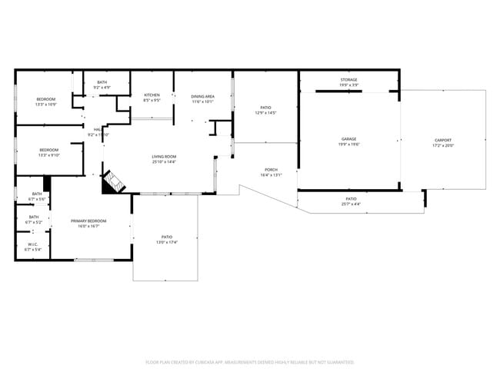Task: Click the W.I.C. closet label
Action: click(32, 247)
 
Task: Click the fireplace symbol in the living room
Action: click(113, 181)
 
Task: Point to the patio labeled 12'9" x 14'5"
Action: click(265, 110)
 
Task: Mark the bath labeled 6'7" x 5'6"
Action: click(36, 196)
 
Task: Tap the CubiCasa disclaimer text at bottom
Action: click(249, 361)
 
